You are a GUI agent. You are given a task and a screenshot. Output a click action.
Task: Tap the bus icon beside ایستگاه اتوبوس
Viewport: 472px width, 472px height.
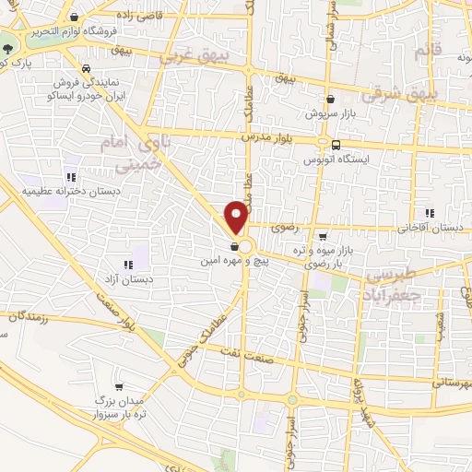point(336,145)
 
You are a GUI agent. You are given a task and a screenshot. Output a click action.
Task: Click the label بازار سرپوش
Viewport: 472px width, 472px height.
point(329,114)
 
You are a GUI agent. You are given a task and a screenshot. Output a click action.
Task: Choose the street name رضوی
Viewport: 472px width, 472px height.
point(283,224)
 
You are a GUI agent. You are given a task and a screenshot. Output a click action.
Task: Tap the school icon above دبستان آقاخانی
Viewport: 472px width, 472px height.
point(429,212)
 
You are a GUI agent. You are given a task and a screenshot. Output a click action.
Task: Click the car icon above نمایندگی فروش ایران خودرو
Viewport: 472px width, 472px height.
point(86,68)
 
